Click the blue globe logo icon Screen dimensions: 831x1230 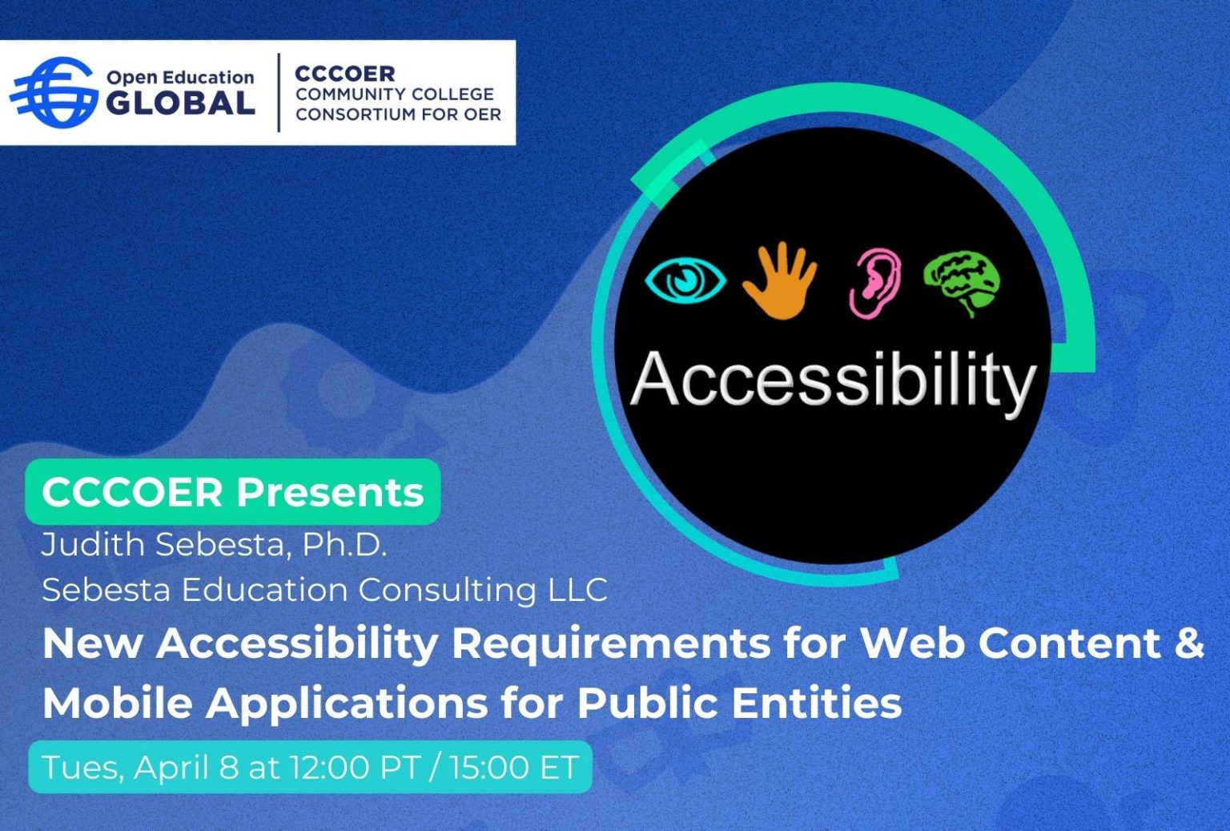click(53, 92)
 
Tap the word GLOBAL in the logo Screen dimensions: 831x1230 click(180, 104)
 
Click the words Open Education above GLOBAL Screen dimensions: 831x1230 click(180, 78)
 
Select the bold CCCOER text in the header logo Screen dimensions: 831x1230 click(345, 74)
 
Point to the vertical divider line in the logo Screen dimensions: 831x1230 click(279, 92)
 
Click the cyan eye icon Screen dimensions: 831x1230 click(685, 280)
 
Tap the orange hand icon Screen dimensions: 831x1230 click(779, 280)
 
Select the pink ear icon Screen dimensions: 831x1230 click(875, 281)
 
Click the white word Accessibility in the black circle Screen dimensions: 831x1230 click(833, 381)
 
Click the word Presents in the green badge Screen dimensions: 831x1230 click(330, 492)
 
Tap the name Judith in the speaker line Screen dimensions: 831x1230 click(93, 545)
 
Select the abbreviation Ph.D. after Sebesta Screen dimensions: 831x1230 click(344, 545)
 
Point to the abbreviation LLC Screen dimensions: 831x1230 click(577, 591)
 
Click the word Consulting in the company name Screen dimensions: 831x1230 click(447, 591)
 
